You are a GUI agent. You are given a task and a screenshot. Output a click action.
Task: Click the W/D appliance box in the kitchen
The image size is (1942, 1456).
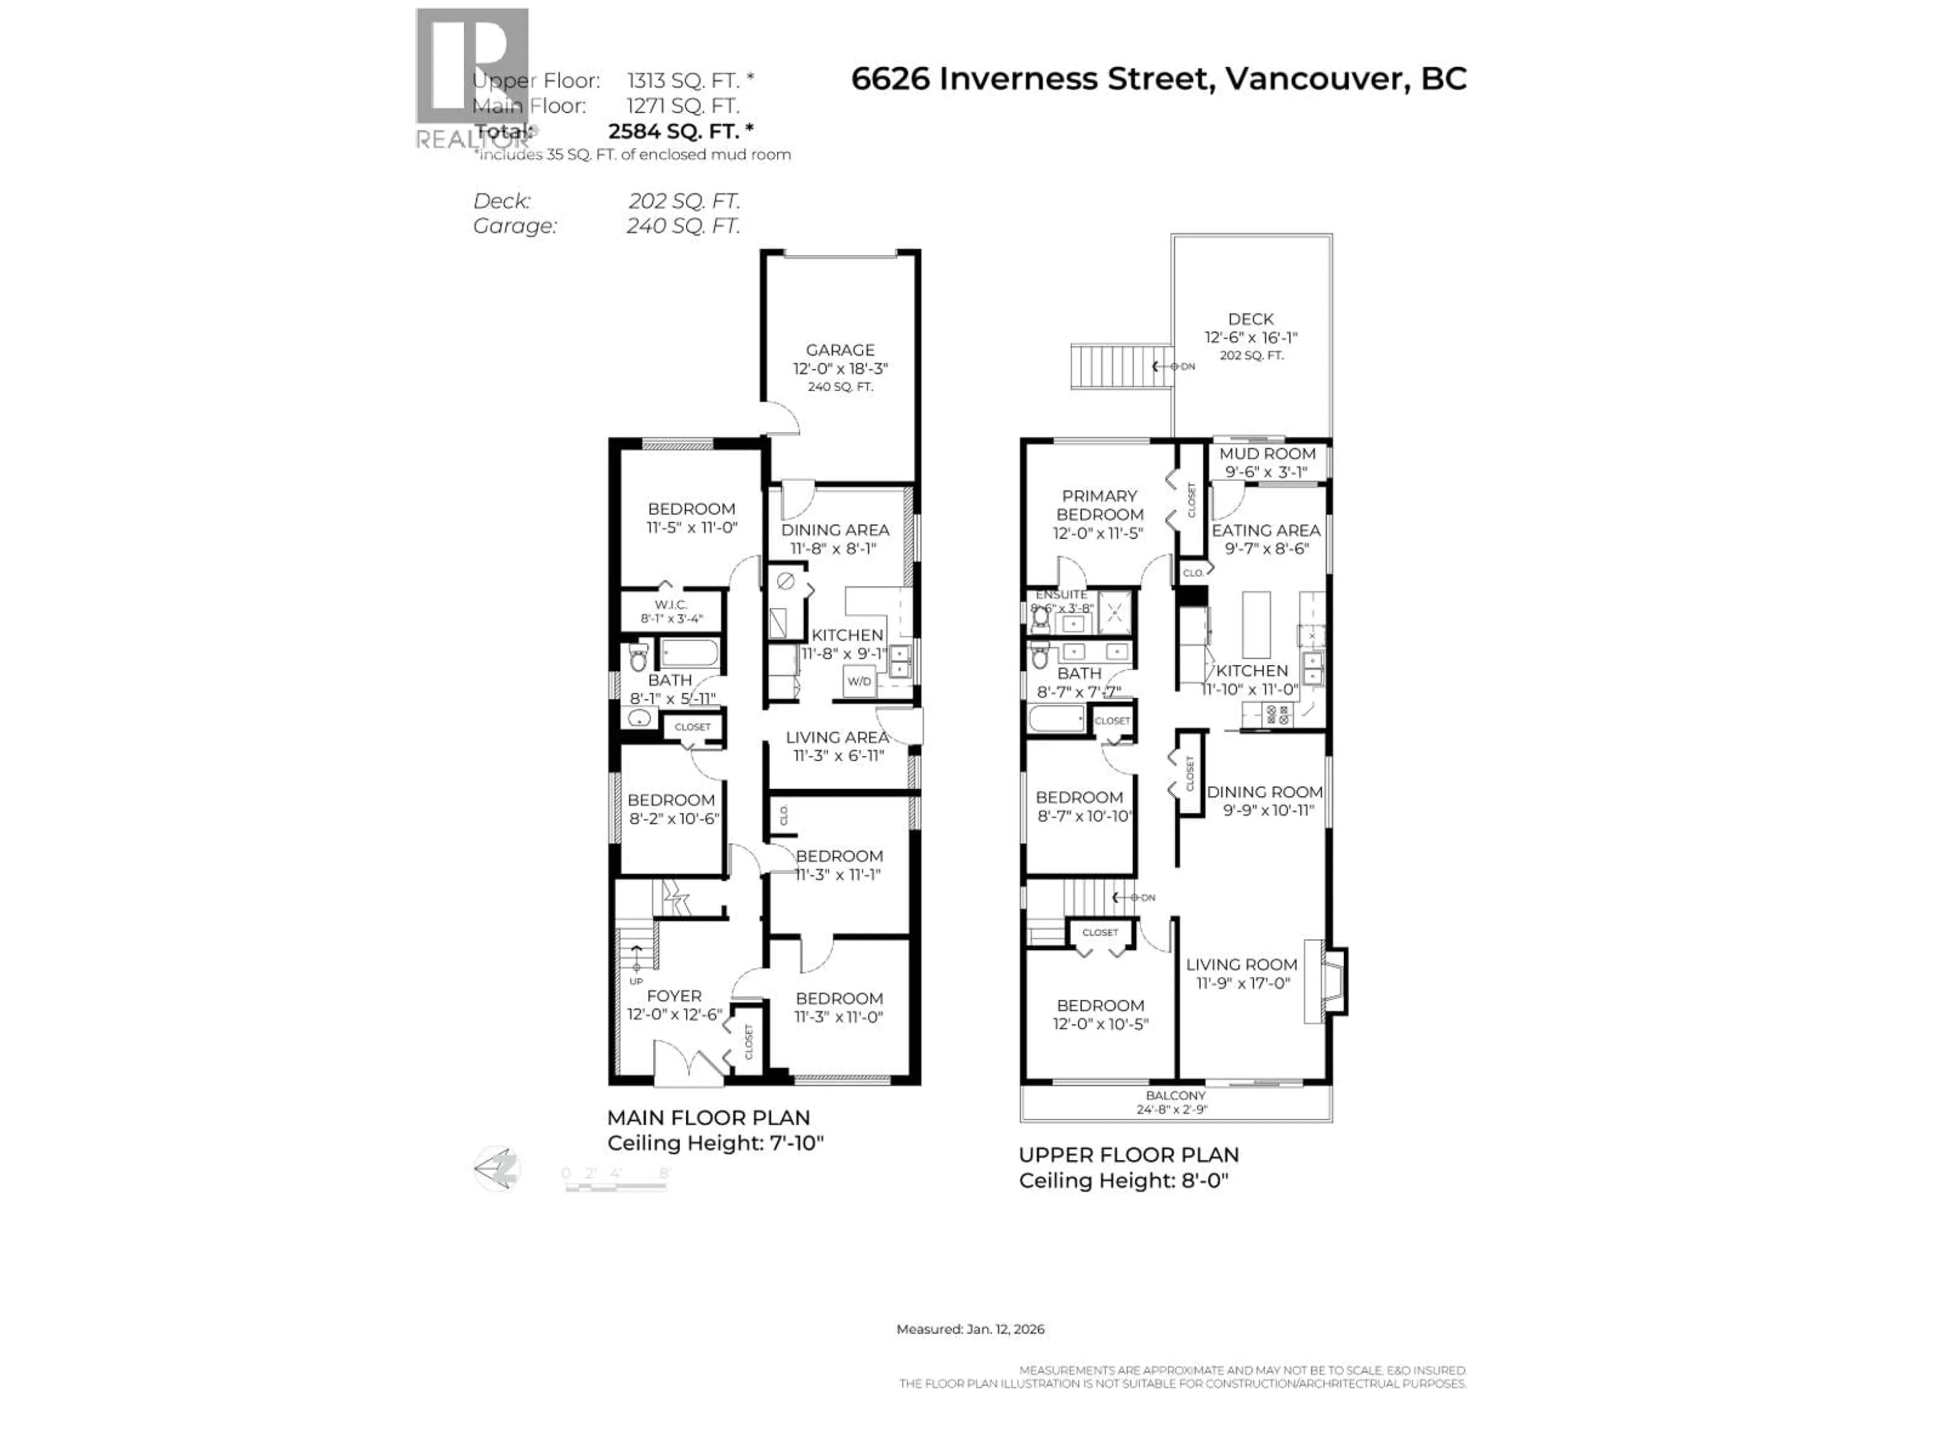coord(859,681)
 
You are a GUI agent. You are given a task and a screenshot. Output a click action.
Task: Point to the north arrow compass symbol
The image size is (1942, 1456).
coord(497,1169)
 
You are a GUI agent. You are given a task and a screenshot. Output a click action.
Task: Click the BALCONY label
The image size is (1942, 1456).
coord(1175,1096)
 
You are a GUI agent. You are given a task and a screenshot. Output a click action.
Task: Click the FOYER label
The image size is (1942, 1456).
coord(674,996)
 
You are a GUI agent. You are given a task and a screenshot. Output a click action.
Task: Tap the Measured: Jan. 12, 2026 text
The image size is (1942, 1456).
coord(969,1329)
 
